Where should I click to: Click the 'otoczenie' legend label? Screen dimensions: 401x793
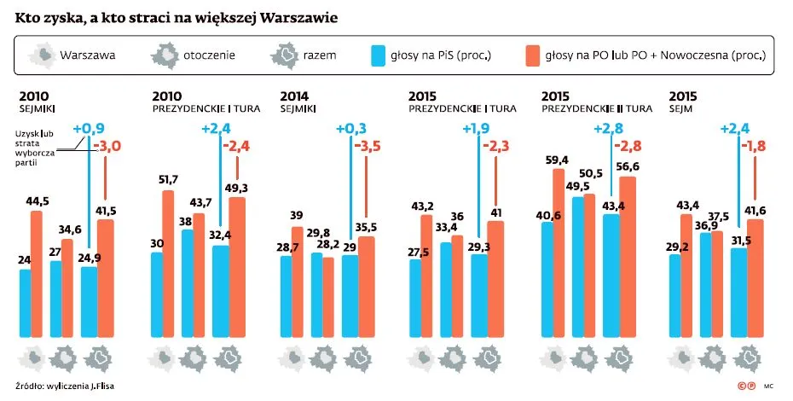click(x=209, y=56)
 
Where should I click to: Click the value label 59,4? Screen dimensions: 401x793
click(x=559, y=159)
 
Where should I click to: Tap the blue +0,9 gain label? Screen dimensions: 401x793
click(x=88, y=130)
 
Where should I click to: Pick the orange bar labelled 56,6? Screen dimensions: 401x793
click(x=628, y=256)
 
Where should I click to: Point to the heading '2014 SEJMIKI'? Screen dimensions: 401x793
click(x=298, y=102)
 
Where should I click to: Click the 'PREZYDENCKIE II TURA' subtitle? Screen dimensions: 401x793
click(x=597, y=109)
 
